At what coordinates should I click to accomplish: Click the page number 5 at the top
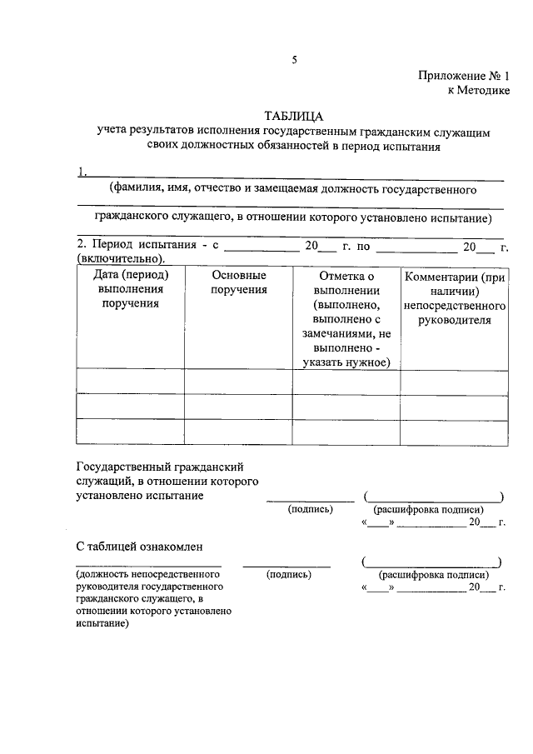click(294, 59)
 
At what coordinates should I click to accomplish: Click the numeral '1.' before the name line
click(82, 172)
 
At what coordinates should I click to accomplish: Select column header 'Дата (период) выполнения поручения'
click(130, 289)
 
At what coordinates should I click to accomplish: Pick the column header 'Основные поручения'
click(238, 282)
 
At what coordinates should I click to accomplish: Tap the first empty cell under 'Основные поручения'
click(238, 382)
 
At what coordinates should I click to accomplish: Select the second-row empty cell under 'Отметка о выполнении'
click(346, 407)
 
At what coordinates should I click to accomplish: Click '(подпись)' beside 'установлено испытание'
click(310, 508)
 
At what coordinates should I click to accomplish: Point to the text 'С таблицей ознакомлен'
click(140, 547)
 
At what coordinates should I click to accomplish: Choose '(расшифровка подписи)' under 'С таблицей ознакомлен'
click(433, 575)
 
